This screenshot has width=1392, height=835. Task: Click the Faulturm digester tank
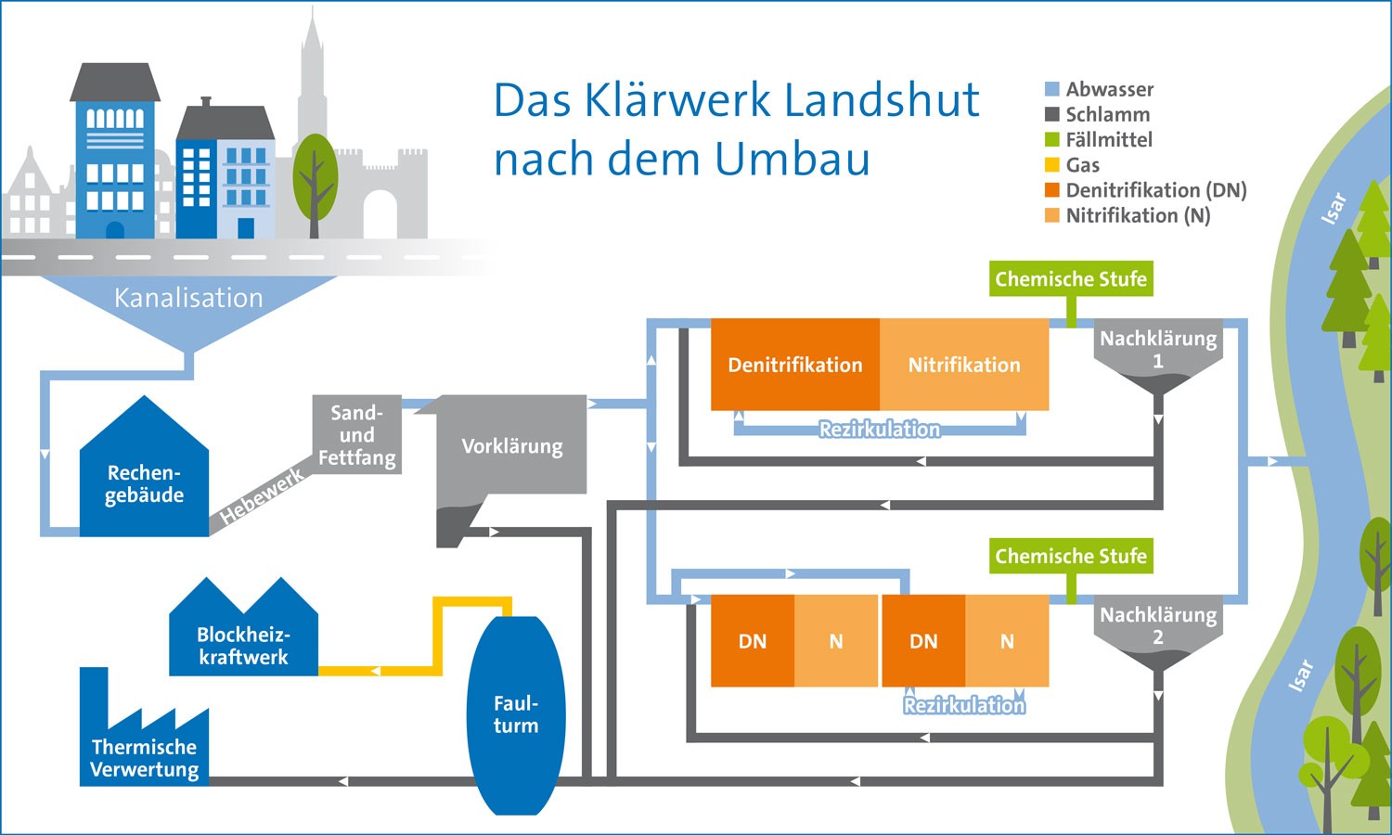click(x=516, y=714)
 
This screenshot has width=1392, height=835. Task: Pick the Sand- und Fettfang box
click(x=357, y=435)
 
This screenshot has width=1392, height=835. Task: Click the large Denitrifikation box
click(x=795, y=365)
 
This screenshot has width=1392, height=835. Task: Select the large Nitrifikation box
click(x=964, y=365)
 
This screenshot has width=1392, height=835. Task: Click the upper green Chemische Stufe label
click(x=1071, y=278)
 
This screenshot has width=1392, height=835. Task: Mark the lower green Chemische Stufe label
click(x=1071, y=556)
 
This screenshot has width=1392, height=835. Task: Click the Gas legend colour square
click(x=1052, y=165)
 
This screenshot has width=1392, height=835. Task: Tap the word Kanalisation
click(x=188, y=298)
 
